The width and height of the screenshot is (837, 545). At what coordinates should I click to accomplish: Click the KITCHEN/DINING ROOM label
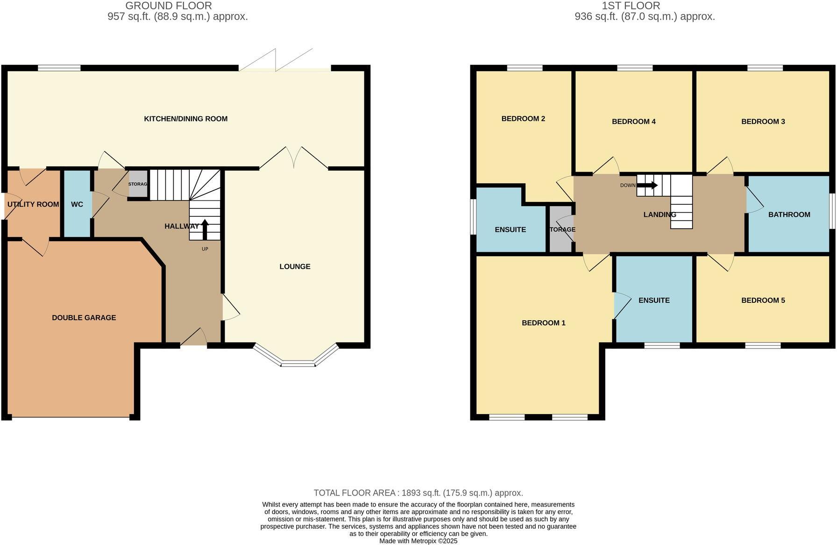[x=185, y=119]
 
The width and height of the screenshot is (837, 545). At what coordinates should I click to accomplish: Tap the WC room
[x=77, y=204]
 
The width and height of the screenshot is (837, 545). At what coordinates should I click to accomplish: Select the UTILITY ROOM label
[x=33, y=204]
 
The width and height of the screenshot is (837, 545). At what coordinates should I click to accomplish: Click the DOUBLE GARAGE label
[x=84, y=317]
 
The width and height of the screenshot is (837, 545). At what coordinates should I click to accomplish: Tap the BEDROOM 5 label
[x=763, y=300]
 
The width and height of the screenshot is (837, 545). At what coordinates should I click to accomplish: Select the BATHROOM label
[x=789, y=215]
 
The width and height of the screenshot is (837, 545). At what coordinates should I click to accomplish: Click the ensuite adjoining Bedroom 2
[x=510, y=229]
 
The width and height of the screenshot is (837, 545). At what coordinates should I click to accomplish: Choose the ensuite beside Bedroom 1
[x=654, y=300]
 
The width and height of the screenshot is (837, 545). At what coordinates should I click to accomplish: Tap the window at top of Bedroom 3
[x=765, y=68]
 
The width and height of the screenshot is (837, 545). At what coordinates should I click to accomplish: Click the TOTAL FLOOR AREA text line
[x=418, y=493]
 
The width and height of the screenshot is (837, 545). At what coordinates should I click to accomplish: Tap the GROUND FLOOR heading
[x=169, y=6]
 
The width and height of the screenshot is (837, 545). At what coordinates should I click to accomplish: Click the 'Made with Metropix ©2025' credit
[x=418, y=541]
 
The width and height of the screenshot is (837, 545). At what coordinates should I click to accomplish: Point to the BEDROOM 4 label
[x=633, y=122]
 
